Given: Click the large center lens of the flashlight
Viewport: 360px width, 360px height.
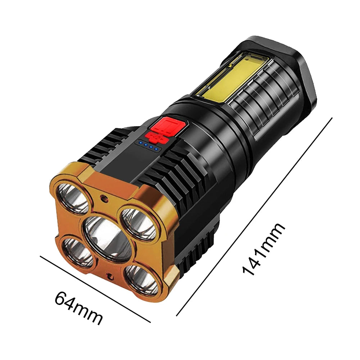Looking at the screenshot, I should (x=108, y=238).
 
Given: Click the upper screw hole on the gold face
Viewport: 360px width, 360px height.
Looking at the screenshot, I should (x=104, y=198).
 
